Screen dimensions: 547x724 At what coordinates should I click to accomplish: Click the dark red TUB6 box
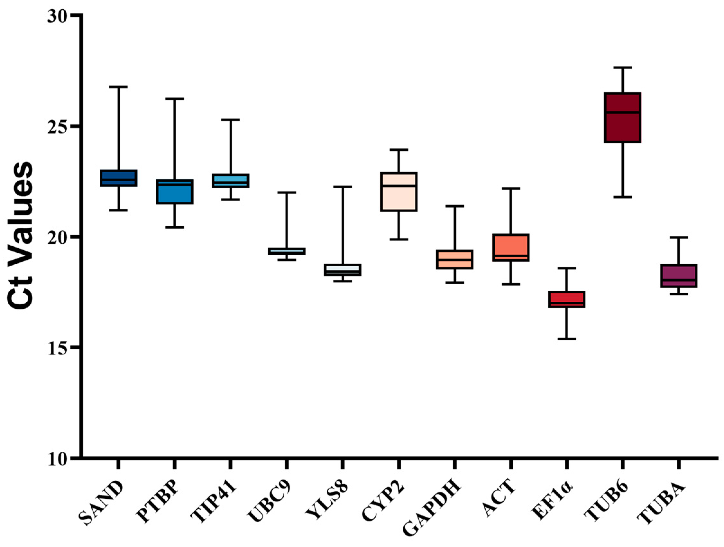623,118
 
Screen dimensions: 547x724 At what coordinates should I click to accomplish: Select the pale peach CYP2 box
399,192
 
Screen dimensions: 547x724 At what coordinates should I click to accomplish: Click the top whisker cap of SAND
118,87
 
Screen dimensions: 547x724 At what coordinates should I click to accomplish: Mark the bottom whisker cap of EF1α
567,339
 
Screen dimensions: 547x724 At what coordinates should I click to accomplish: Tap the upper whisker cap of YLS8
342,187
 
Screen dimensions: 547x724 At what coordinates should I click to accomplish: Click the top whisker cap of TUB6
623,68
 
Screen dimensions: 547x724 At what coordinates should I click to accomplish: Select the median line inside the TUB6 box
623,112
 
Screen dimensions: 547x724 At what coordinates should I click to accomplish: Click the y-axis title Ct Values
20,236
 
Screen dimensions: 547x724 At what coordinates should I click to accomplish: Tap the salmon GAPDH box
454,260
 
